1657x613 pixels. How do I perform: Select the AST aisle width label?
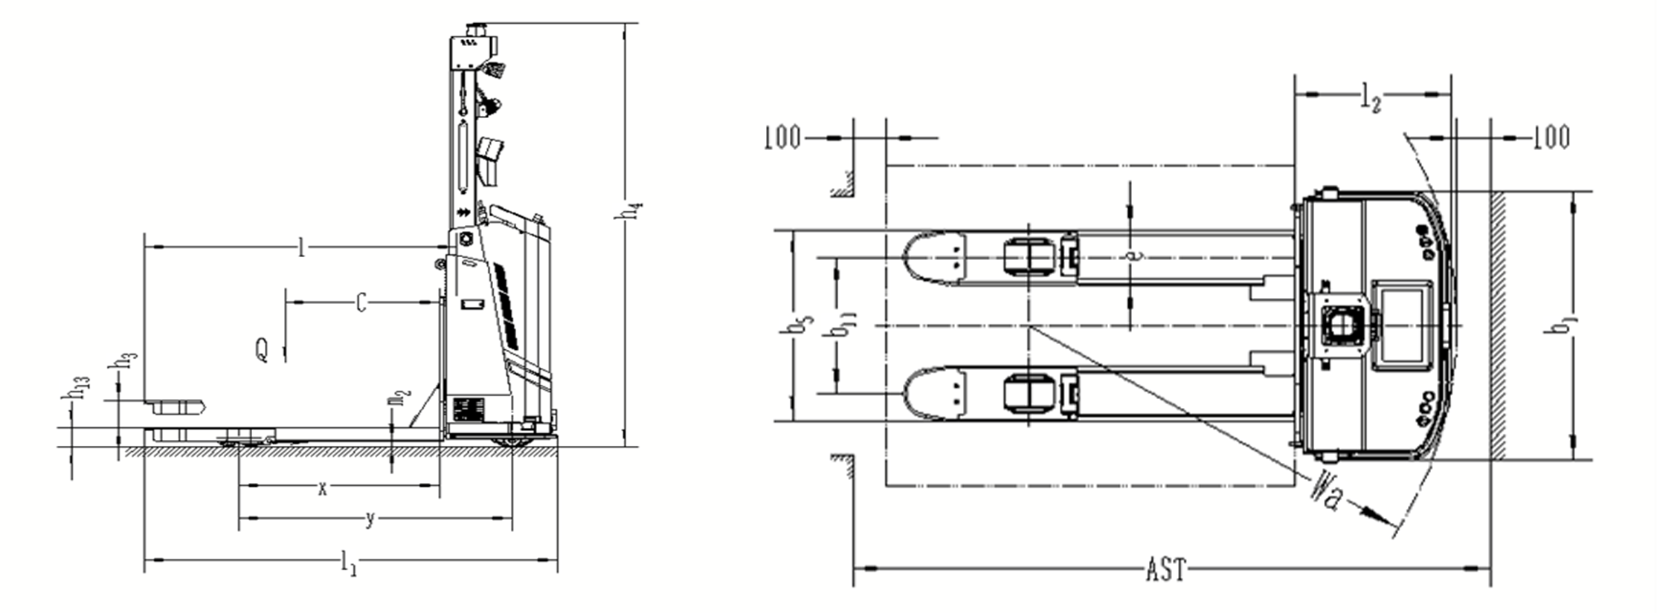tap(1165, 570)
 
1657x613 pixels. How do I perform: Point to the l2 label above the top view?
tap(1371, 99)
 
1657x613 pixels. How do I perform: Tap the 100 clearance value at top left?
tap(782, 138)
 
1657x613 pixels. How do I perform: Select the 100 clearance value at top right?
tap(1551, 137)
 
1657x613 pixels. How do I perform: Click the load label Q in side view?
tap(262, 349)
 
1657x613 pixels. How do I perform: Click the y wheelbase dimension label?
tap(370, 519)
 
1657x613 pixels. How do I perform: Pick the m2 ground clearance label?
tap(399, 398)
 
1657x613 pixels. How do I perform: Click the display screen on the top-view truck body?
tap(1402, 325)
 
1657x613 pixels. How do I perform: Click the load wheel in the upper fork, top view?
tap(1029, 257)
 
